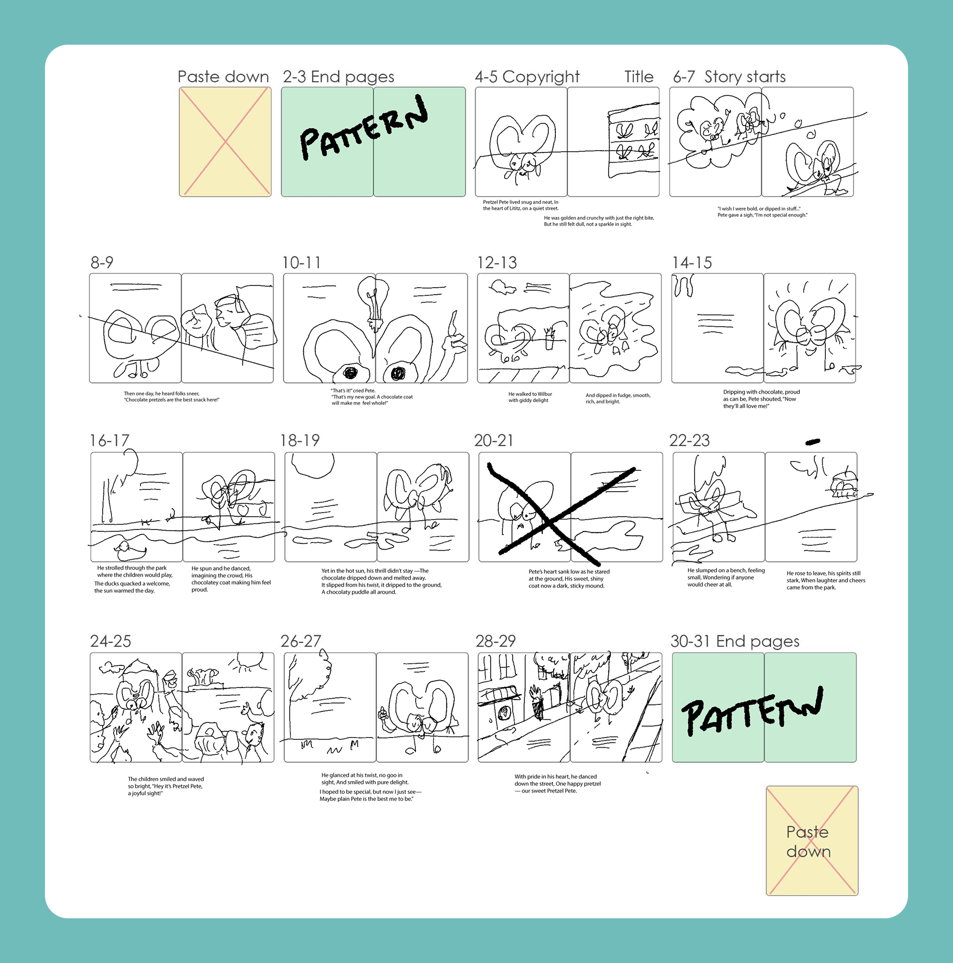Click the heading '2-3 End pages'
338,77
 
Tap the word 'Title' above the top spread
639,76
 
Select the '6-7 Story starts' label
729,77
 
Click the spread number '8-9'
102,262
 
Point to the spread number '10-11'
301,262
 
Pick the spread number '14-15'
692,262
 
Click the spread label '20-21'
494,440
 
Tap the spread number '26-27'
301,641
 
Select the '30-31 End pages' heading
735,641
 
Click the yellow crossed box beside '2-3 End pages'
225,142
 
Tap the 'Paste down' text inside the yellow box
809,841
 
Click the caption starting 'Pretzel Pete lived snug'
521,205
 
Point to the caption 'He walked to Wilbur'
530,397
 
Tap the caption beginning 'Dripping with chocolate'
761,399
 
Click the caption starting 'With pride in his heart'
558,784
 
